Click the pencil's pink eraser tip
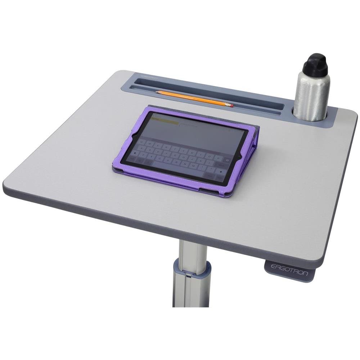point(231,105)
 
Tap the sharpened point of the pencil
point(157,92)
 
